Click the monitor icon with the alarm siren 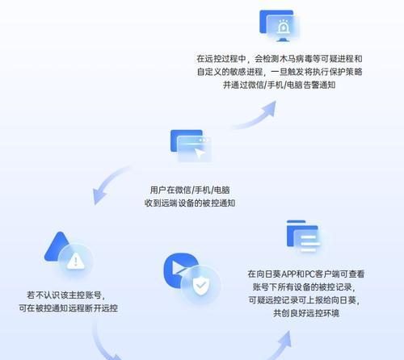click(x=280, y=26)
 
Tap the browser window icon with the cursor click(x=191, y=145)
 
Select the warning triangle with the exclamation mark click(x=76, y=262)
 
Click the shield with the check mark click(x=201, y=286)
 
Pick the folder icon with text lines click(x=304, y=237)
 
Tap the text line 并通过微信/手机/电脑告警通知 click(x=280, y=85)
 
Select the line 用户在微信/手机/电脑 click(x=190, y=190)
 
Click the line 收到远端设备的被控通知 click(x=190, y=203)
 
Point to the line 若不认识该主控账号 click(x=66, y=295)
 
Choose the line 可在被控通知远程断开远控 click(x=68, y=308)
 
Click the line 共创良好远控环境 click(x=306, y=313)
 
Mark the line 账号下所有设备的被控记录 click(x=304, y=287)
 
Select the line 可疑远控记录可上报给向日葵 click(x=304, y=300)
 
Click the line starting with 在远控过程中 click(x=280, y=59)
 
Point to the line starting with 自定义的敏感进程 click(x=280, y=72)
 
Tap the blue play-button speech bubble click(x=180, y=270)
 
